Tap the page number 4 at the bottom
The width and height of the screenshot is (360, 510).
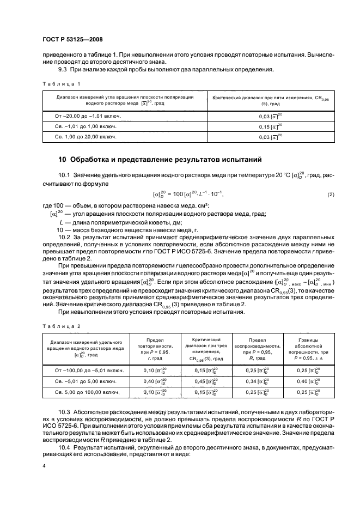point(45,465)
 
